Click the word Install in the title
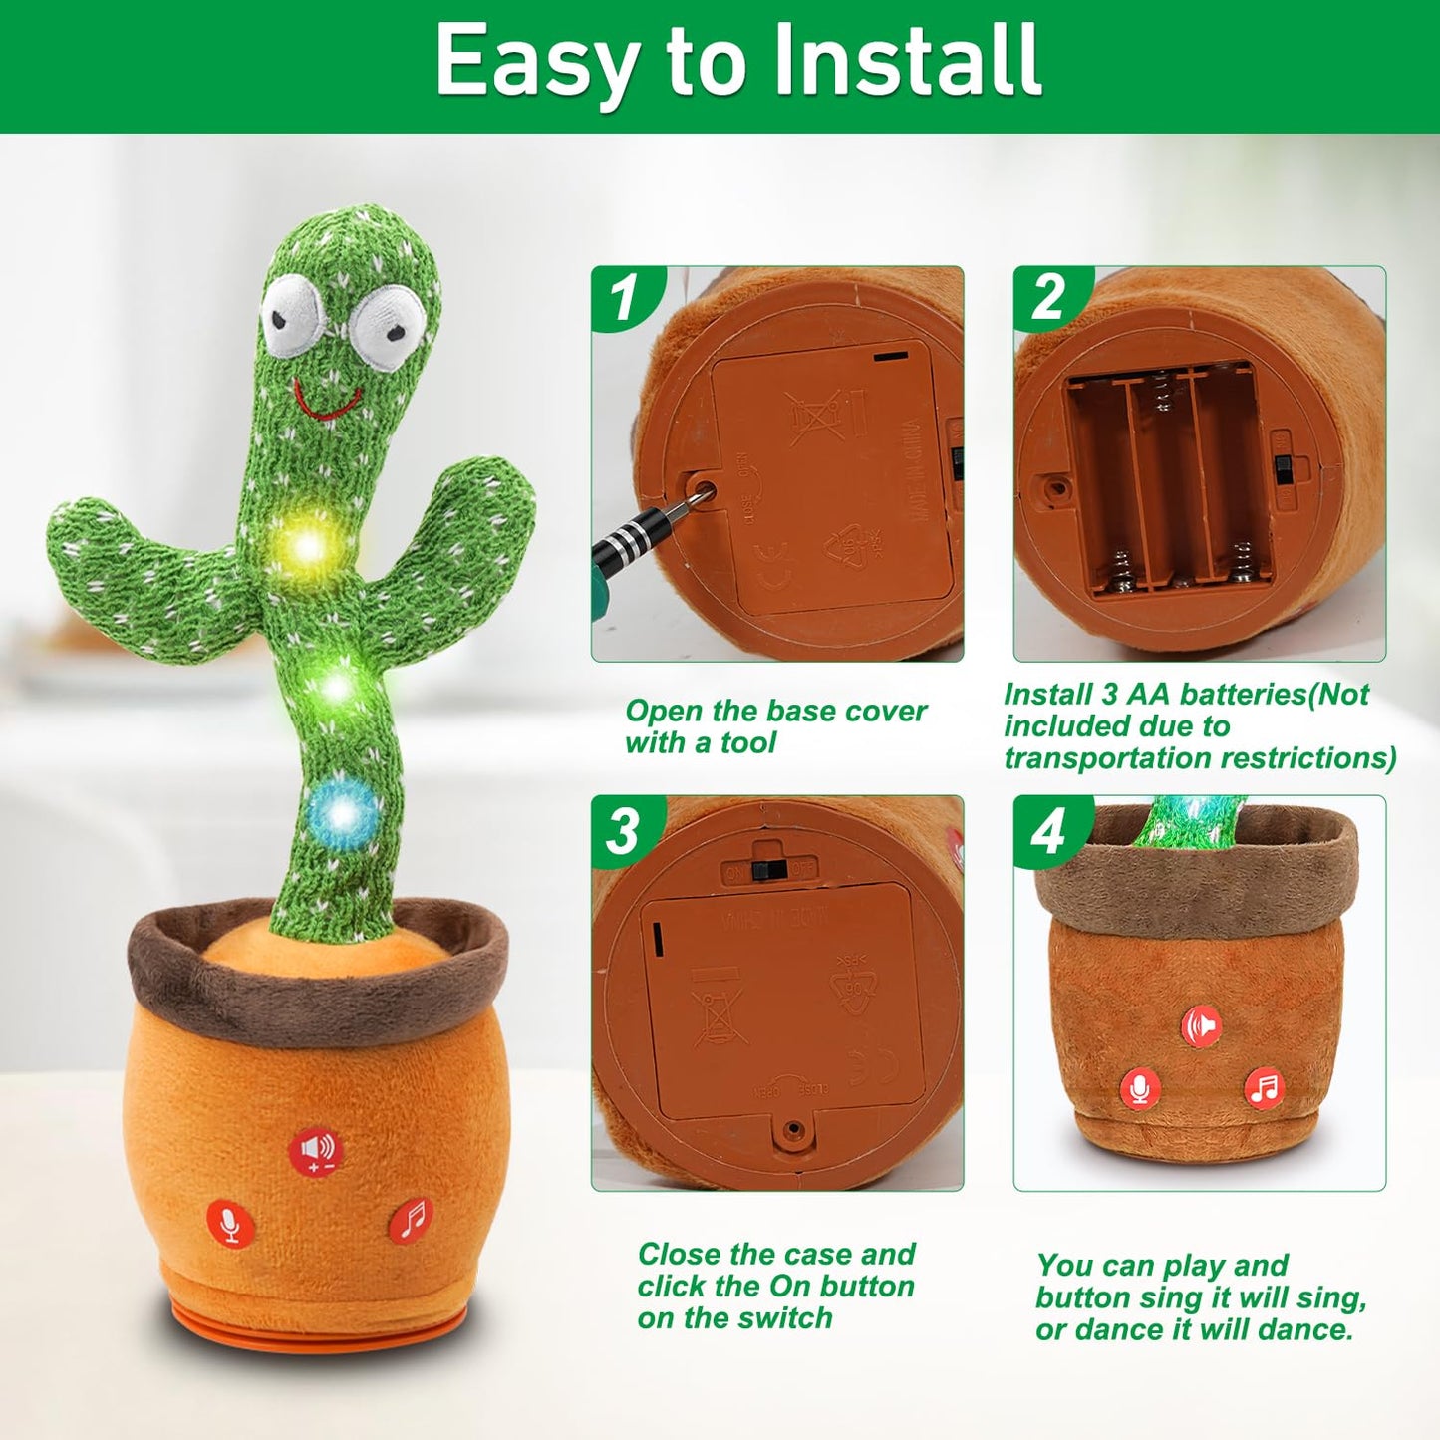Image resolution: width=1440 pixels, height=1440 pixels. pos(907,62)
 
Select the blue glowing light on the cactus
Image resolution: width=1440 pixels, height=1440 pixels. pos(342,813)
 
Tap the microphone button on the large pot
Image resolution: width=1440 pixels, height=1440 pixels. pos(230,1223)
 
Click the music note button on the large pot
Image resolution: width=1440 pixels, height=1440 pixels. pos(410,1219)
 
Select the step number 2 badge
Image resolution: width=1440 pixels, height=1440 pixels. pos(1047,297)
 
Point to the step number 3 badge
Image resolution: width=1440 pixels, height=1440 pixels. pos(624,830)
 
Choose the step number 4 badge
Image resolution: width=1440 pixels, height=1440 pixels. pos(1047,830)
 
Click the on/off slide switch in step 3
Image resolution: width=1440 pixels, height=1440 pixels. pos(766,870)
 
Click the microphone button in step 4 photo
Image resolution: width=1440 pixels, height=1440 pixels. pos(1140,1088)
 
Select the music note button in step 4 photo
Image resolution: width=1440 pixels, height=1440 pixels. pos(1264,1087)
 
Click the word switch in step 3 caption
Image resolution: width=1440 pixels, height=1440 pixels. pos(790,1318)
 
